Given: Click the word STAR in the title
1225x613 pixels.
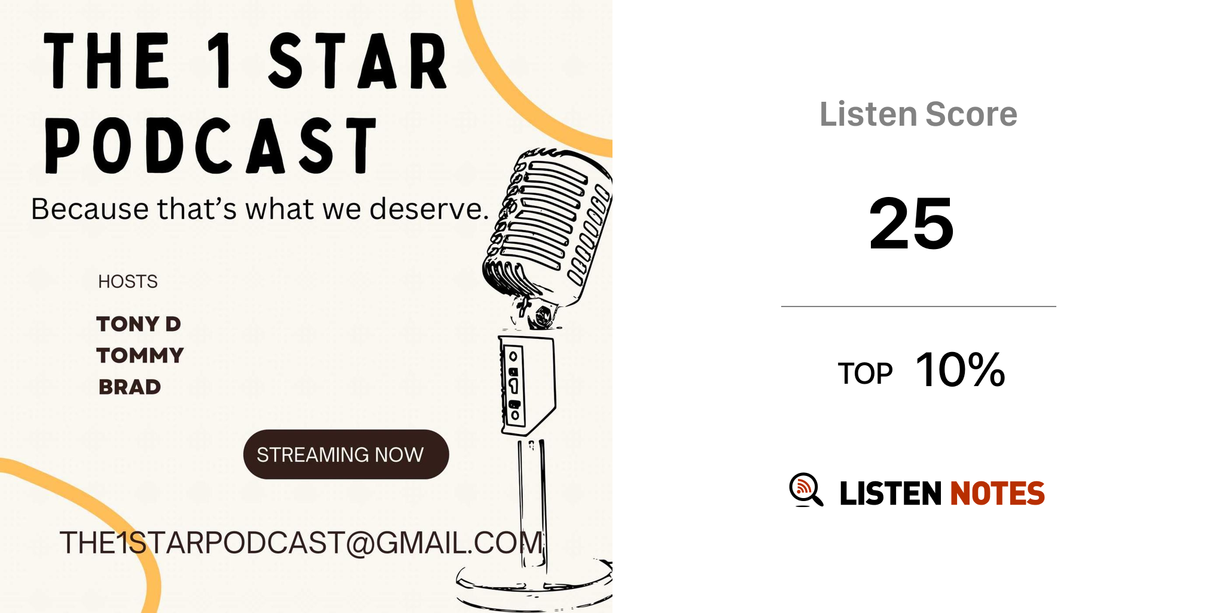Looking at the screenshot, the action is [x=358, y=60].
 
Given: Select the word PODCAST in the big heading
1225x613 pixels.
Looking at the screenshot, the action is [x=211, y=145].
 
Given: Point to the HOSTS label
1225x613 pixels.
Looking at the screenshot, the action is [x=128, y=281].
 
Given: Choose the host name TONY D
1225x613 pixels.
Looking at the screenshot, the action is [x=139, y=324].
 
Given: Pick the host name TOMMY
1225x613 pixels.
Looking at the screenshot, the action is [x=140, y=356].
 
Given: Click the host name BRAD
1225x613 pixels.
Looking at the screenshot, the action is [x=130, y=387].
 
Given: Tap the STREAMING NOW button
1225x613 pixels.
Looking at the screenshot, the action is [x=346, y=454].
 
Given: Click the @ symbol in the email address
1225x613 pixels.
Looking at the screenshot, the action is [x=360, y=544].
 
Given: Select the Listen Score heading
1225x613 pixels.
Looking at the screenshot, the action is [x=918, y=114].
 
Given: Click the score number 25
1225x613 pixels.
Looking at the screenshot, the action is [x=911, y=223].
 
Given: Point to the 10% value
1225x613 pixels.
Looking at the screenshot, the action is [x=961, y=369].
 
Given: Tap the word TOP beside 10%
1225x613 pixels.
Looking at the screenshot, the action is [x=865, y=374].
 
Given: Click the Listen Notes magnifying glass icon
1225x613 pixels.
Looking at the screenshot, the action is [x=806, y=490].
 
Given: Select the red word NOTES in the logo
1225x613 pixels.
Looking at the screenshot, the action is [x=997, y=493].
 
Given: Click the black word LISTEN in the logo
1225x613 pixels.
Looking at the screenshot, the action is [x=891, y=493].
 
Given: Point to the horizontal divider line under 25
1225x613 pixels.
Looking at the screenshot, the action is [x=918, y=306].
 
